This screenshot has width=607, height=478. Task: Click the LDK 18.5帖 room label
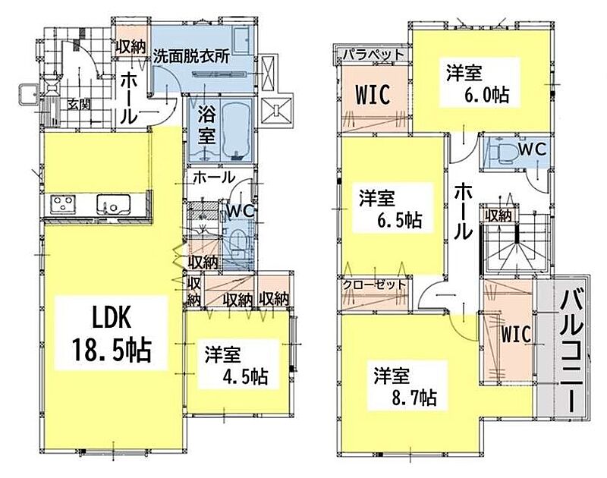[x=111, y=332]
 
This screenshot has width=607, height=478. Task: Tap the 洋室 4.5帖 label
[x=236, y=365]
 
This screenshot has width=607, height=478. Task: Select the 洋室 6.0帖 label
[x=478, y=83]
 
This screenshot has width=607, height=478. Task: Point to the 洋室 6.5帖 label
[x=391, y=208]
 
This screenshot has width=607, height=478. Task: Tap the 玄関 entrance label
[x=79, y=104]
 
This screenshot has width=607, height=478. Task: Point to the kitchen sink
[x=113, y=204]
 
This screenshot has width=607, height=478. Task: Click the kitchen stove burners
[x=63, y=204]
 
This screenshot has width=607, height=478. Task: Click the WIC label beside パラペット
[x=373, y=94]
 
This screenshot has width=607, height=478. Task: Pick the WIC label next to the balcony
[x=517, y=334]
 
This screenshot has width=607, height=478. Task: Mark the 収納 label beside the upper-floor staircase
[x=498, y=216]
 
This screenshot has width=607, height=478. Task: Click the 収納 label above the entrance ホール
[x=131, y=47]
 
